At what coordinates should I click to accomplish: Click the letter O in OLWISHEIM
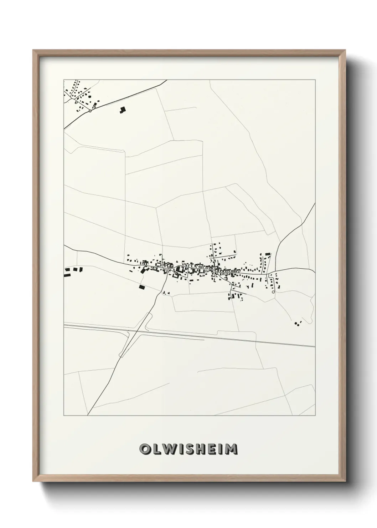145,449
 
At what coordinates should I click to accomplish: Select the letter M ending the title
231,449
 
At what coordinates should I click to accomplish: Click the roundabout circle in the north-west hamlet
90,111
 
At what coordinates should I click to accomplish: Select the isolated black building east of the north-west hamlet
122,110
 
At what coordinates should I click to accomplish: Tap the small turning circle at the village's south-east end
273,292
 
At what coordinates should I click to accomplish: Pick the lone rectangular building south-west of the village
142,286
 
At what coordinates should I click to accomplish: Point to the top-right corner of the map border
315,80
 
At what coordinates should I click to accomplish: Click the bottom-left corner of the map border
64,416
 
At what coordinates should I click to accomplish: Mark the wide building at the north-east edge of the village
267,254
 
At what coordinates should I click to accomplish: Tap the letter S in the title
188,449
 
